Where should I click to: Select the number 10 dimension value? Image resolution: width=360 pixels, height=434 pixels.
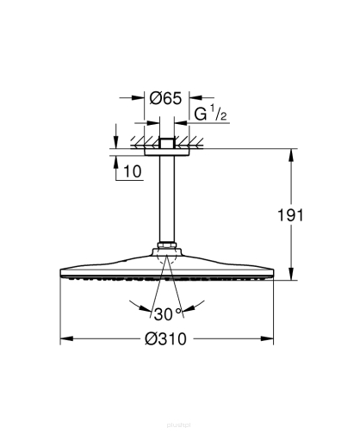(x=132, y=171)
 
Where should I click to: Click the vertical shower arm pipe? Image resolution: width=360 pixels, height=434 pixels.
(x=168, y=202)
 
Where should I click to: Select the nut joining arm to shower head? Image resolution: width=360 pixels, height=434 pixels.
(x=168, y=252)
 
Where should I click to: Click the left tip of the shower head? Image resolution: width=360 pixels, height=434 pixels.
(x=61, y=274)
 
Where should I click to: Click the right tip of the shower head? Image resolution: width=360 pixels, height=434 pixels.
(x=275, y=274)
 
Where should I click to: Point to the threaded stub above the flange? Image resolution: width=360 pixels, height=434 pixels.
(x=168, y=139)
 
